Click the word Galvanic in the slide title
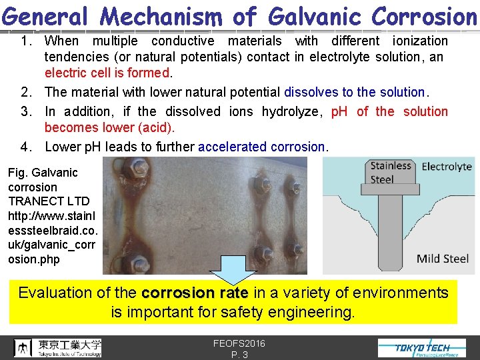(299, 16)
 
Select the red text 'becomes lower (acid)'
(109, 127)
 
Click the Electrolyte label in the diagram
(447, 167)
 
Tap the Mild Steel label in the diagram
(442, 259)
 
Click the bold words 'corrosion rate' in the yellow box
(195, 293)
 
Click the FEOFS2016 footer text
(239, 343)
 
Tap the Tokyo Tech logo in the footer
(423, 347)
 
